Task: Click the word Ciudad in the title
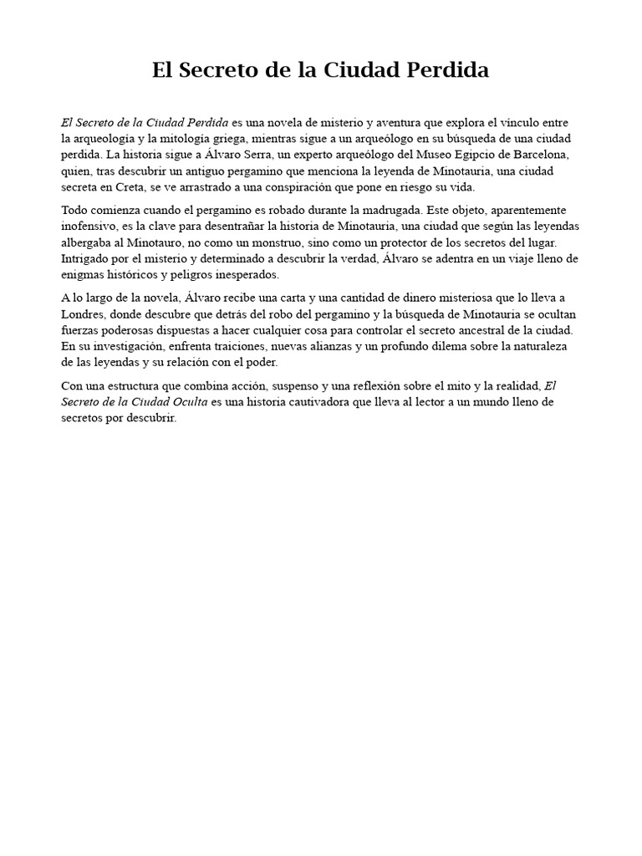[363, 70]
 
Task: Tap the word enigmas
[84, 275]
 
